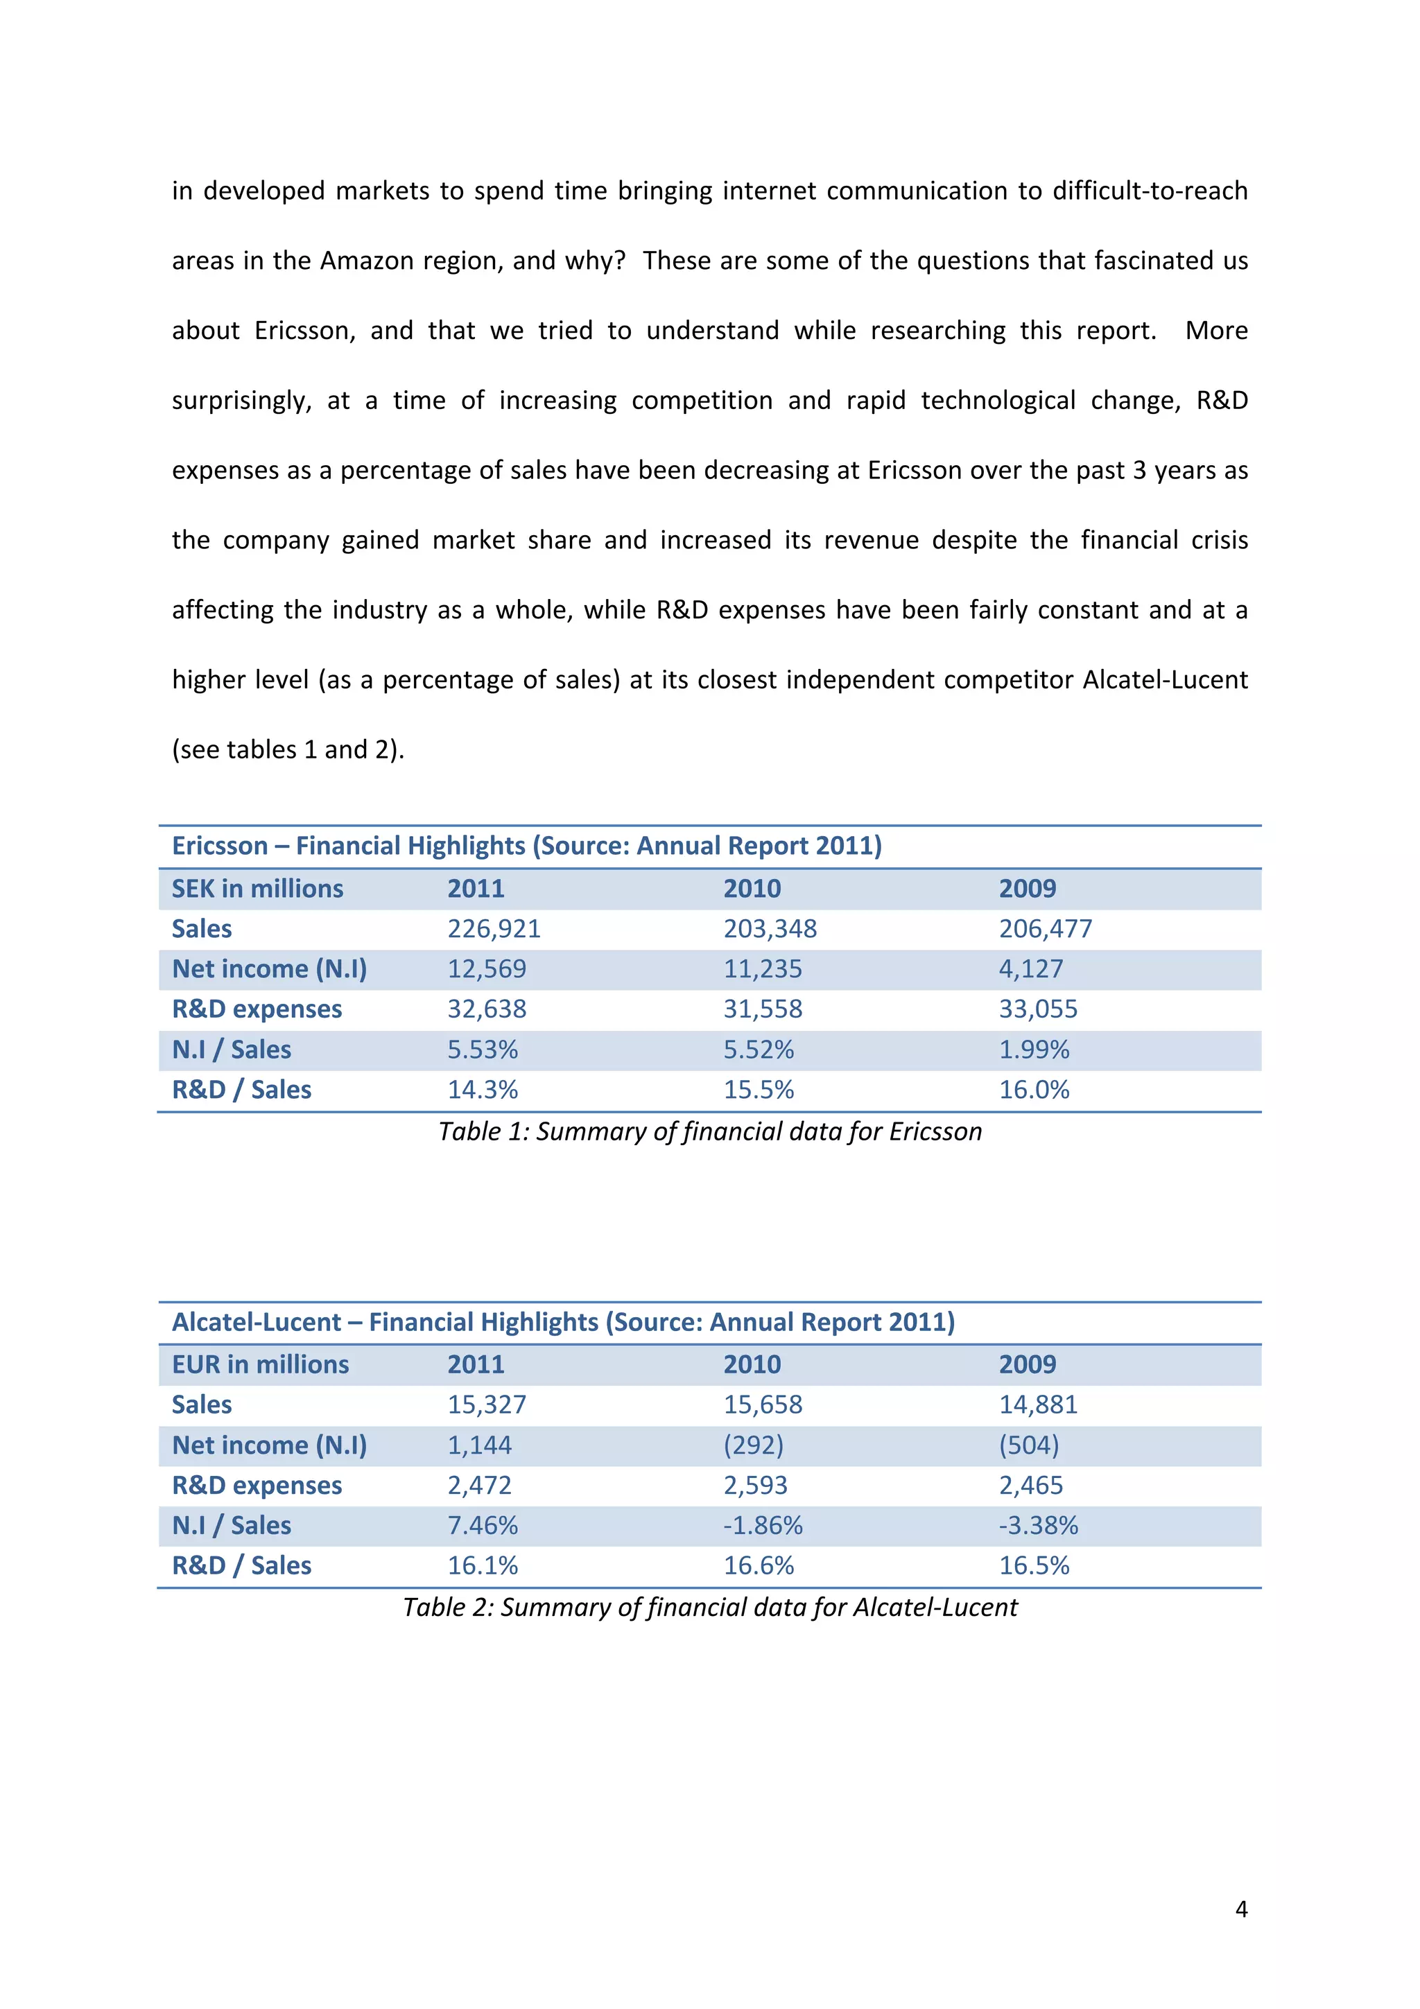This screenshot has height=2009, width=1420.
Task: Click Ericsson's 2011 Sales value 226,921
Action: click(494, 928)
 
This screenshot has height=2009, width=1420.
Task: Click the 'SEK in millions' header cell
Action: click(257, 888)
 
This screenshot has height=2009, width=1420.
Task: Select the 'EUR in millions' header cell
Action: click(260, 1364)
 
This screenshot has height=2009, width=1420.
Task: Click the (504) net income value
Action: click(1029, 1445)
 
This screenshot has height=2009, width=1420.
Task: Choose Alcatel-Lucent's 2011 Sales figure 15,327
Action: click(487, 1404)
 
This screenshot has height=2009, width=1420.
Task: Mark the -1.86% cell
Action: click(762, 1525)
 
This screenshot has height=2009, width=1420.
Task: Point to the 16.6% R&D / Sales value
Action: click(758, 1565)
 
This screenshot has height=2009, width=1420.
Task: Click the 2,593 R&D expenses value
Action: click(755, 1485)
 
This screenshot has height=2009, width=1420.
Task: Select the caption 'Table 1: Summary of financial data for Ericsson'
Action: click(709, 1131)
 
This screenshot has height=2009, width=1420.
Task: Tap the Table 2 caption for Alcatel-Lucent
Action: click(709, 1608)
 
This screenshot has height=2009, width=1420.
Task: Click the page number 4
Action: click(1240, 1909)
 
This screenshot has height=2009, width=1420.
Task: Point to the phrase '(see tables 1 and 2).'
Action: click(288, 750)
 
